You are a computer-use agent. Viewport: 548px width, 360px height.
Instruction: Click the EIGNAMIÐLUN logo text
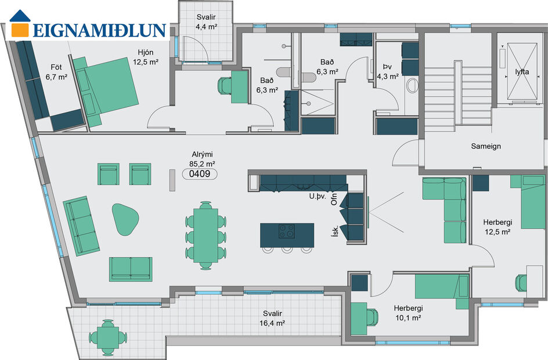pos(99,30)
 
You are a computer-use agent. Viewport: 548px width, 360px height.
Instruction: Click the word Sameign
pos(486,146)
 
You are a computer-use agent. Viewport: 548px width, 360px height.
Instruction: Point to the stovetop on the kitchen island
pos(287,231)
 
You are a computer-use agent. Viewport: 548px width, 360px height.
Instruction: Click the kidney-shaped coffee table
pos(125,218)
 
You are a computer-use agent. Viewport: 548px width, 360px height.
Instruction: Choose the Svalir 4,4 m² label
pos(205,22)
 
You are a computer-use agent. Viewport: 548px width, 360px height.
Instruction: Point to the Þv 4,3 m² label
pos(387,71)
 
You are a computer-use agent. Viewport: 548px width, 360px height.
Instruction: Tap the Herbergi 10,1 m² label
pos(407,314)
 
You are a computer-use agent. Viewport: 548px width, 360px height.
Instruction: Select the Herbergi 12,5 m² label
pos(496,227)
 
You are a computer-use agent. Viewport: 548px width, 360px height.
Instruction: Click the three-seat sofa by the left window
pos(80,227)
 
